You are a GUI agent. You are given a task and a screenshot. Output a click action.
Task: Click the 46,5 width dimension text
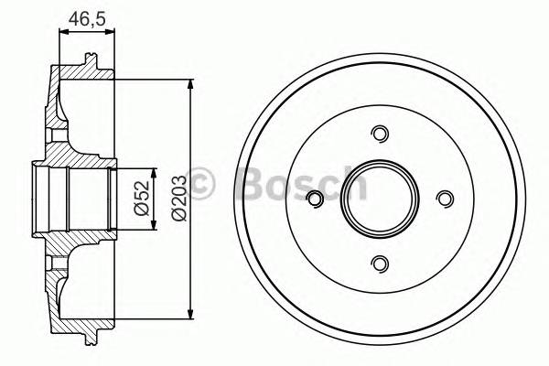88,17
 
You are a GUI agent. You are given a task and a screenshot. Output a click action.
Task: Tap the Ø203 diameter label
178,198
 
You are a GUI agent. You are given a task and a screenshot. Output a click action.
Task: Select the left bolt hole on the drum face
315,199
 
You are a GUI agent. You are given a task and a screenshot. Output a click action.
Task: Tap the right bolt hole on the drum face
445,199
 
